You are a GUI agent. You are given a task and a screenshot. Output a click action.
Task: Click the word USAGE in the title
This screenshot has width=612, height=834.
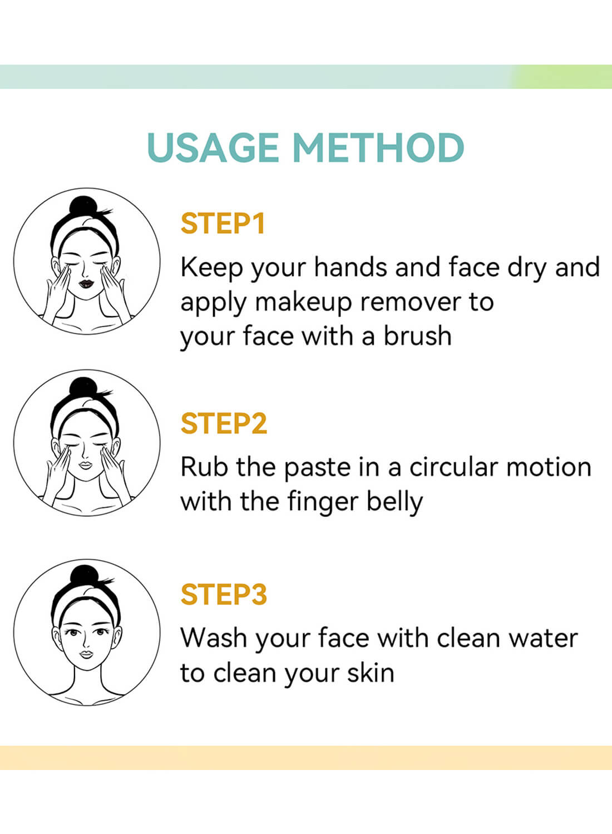[213, 147]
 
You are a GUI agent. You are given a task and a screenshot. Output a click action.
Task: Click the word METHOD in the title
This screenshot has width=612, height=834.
[378, 147]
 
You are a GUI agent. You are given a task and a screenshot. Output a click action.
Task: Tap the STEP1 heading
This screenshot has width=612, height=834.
[223, 224]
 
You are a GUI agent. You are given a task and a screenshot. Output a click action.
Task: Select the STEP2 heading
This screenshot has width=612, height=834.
[224, 423]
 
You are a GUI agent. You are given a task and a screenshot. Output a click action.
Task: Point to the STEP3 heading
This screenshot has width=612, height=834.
[224, 594]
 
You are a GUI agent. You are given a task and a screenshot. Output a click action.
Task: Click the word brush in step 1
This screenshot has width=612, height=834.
[418, 335]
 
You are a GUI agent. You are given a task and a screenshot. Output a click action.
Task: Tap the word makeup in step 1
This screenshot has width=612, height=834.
[303, 302]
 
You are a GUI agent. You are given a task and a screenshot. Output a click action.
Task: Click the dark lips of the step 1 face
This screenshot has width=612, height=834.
[86, 283]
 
